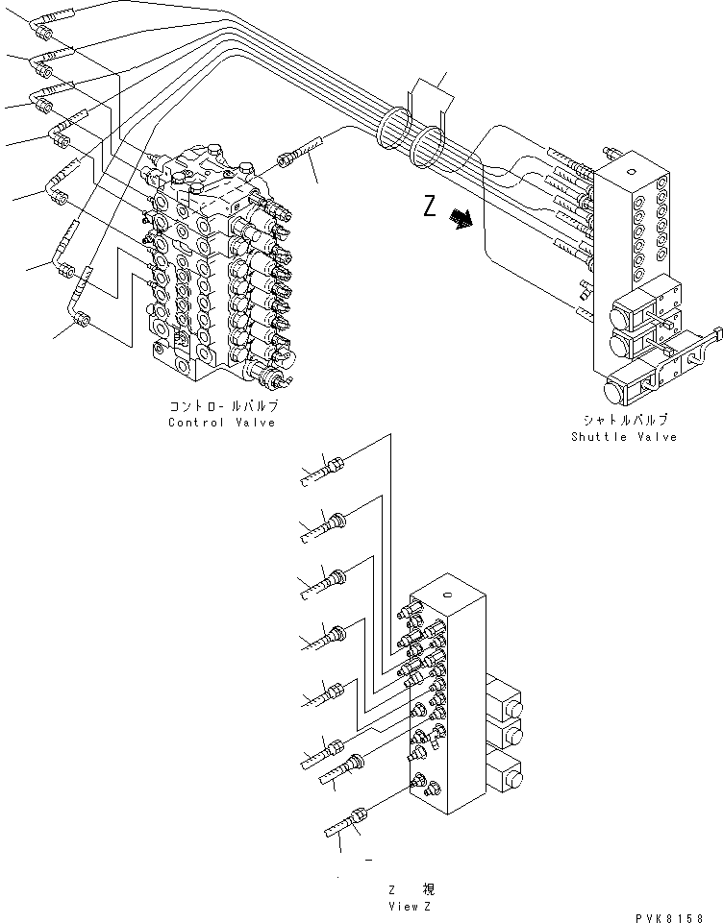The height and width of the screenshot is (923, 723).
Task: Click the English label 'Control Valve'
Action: [221, 423]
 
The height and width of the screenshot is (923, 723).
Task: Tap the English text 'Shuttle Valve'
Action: [623, 437]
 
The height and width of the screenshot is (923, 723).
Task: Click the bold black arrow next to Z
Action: [463, 220]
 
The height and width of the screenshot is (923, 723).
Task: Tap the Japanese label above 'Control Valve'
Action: [222, 406]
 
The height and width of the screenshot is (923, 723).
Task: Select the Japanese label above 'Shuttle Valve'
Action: [624, 420]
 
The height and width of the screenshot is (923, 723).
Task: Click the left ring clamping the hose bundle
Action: [392, 131]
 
